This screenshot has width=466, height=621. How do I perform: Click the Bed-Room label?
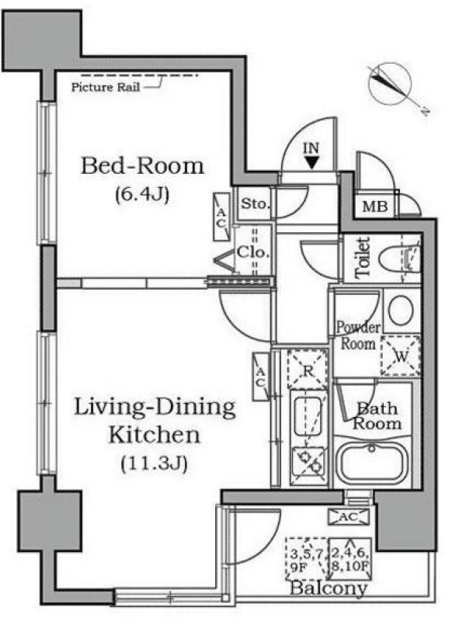[x=142, y=166]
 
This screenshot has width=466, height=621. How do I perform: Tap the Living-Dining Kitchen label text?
[x=155, y=421]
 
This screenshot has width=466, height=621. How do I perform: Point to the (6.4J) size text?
[x=142, y=195]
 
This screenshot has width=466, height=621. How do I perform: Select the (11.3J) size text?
[x=154, y=463]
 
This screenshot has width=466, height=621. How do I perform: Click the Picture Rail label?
[x=106, y=87]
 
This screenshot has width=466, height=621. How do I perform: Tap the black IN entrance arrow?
[x=312, y=162]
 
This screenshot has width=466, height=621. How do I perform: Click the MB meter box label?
[x=374, y=206]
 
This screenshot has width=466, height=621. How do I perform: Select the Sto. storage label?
[x=256, y=204]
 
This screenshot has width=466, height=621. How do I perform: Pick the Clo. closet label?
[x=254, y=252]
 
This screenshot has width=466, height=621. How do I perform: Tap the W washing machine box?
[x=401, y=356]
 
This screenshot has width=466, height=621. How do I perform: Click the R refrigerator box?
[x=308, y=370]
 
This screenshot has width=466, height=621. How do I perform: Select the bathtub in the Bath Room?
[x=371, y=463]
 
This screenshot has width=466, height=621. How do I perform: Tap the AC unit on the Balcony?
[x=349, y=517]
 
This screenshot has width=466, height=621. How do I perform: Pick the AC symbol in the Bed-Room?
[x=221, y=217]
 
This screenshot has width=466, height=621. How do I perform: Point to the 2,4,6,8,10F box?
[x=350, y=558]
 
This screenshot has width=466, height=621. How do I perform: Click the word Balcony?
[x=329, y=588]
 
